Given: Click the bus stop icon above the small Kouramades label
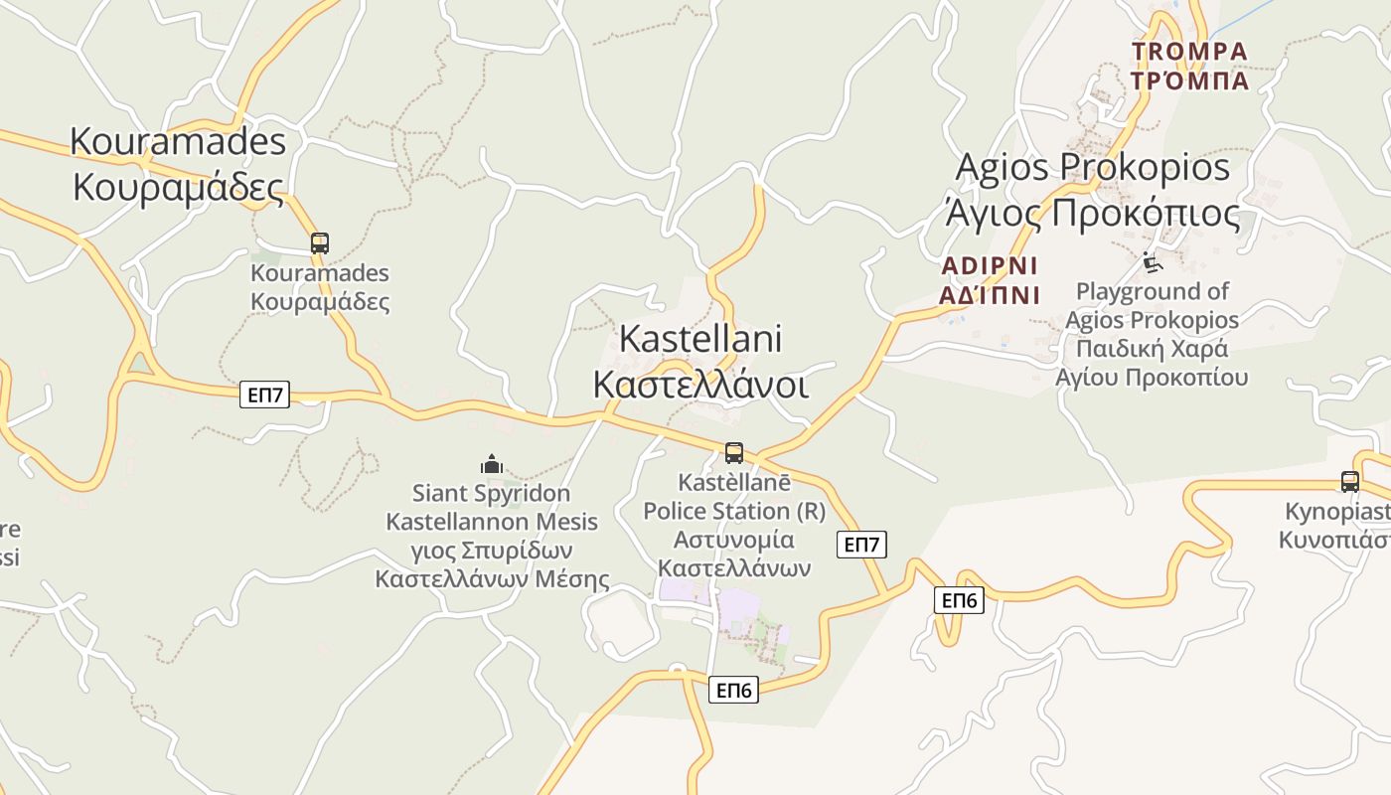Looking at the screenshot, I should (319, 242).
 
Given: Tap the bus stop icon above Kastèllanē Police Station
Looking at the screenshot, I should (734, 453).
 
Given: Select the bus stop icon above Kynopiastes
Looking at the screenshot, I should (1349, 482).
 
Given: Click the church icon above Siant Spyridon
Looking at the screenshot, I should (491, 464).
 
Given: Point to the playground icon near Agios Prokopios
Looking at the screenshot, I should (1151, 263).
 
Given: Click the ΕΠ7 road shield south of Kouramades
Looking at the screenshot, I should (265, 396).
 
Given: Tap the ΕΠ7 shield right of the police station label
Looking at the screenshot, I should (861, 545).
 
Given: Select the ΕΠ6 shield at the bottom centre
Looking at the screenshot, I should (733, 690).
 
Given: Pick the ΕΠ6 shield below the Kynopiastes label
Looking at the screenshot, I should (959, 600).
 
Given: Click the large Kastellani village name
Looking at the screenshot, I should (700, 339).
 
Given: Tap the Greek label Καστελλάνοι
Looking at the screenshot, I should (700, 385).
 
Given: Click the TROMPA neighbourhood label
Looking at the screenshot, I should (1189, 51).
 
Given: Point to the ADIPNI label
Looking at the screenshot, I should (989, 266).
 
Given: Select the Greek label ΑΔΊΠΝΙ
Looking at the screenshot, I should (989, 295).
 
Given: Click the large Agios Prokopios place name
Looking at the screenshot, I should (1092, 167).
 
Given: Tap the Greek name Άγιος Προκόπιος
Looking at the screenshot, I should (1092, 213).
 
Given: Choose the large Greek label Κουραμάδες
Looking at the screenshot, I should (178, 186).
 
